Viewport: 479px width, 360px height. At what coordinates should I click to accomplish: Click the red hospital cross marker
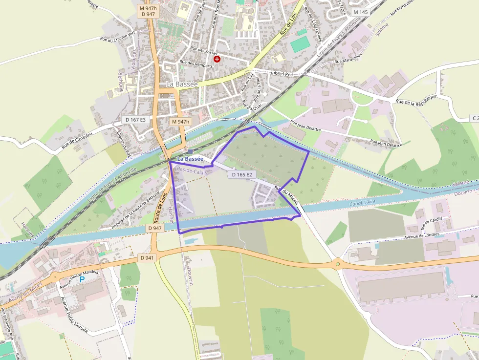click(217, 59)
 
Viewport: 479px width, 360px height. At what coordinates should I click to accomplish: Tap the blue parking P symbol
click(82, 279)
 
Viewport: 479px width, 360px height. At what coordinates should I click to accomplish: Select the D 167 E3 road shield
click(136, 120)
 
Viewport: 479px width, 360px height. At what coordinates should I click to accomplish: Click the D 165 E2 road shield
click(242, 174)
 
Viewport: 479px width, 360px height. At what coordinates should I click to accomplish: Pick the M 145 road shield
click(360, 12)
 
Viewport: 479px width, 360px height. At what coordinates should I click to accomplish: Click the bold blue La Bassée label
click(190, 159)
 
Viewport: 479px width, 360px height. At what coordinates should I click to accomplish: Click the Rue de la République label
click(415, 103)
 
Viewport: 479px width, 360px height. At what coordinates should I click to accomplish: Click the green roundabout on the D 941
click(337, 264)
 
